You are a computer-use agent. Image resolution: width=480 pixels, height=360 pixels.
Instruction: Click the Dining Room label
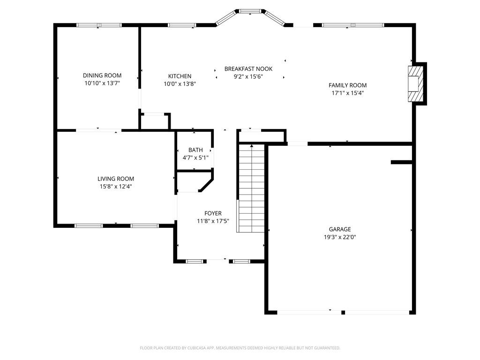(102, 75)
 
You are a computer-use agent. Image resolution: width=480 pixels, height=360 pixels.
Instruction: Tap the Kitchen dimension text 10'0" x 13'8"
(180, 84)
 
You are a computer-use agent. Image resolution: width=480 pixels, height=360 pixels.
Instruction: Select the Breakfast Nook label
(248, 68)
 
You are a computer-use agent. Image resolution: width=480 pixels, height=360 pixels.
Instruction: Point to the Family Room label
(347, 85)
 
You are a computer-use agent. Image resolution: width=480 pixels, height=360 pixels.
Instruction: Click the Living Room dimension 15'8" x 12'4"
(116, 186)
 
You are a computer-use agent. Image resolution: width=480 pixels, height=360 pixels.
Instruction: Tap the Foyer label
(213, 213)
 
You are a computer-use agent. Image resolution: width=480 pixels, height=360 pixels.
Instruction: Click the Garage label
(339, 229)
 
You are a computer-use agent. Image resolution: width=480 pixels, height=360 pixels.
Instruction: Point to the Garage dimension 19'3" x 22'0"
(339, 237)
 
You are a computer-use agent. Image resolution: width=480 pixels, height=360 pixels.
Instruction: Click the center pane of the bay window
(250, 10)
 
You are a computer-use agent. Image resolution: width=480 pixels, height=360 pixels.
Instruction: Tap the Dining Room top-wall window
(99, 25)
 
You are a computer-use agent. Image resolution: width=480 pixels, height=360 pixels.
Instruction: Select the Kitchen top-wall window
(182, 25)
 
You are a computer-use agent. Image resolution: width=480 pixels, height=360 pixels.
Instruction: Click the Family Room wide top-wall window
(352, 25)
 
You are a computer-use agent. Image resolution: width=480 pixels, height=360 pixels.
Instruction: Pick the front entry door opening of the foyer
(217, 260)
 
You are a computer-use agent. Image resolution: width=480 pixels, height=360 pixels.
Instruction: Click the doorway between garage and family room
(297, 143)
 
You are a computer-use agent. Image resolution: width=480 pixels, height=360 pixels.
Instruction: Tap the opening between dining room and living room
(98, 130)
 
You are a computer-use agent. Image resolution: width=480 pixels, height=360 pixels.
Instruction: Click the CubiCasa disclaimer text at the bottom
(240, 348)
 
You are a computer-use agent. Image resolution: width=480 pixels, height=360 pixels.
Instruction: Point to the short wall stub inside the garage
(401, 162)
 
